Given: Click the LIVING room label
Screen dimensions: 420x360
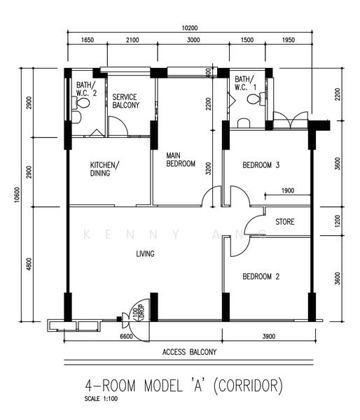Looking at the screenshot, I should tap(145, 253).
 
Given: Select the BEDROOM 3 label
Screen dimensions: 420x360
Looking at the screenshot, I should tap(261, 165).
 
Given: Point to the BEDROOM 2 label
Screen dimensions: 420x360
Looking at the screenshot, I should tap(261, 276).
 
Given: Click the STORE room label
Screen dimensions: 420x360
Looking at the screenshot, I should tap(284, 222).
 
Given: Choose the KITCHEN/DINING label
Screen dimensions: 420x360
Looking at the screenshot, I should tap(104, 169).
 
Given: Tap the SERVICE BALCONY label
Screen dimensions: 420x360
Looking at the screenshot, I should tap(125, 101).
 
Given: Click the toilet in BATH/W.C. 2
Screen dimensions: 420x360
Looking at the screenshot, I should tap(83, 103).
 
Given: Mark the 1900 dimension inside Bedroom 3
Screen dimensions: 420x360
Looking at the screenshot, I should tap(286, 190).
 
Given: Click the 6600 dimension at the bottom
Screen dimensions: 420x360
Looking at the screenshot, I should tap(126, 337).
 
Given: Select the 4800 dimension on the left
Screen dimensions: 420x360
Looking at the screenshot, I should tap(29, 265).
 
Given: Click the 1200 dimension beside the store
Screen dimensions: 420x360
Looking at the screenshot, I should tap(337, 222).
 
